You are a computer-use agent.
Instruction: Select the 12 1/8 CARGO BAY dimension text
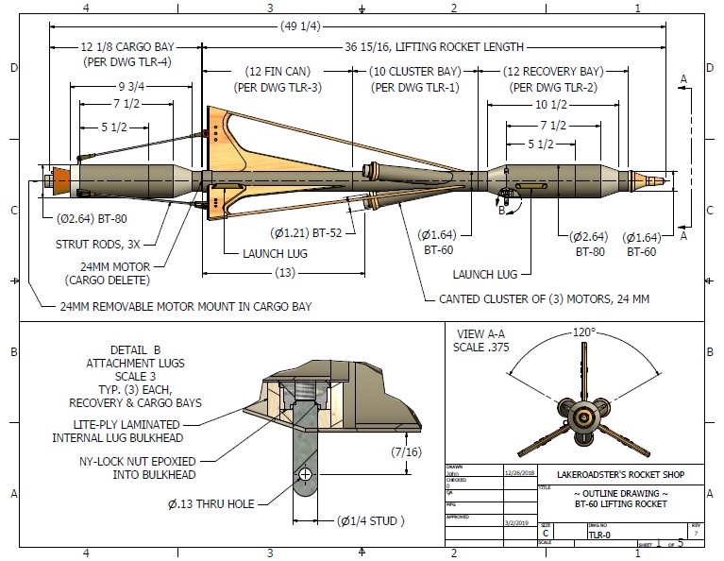tap(126, 46)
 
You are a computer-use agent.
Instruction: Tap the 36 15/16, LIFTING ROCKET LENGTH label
tap(433, 46)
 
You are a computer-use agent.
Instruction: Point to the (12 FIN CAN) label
tap(278, 71)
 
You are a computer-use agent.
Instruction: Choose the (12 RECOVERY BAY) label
tap(552, 71)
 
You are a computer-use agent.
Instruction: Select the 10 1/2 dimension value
tap(553, 105)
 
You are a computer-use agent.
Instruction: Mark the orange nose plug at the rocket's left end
tap(60, 179)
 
